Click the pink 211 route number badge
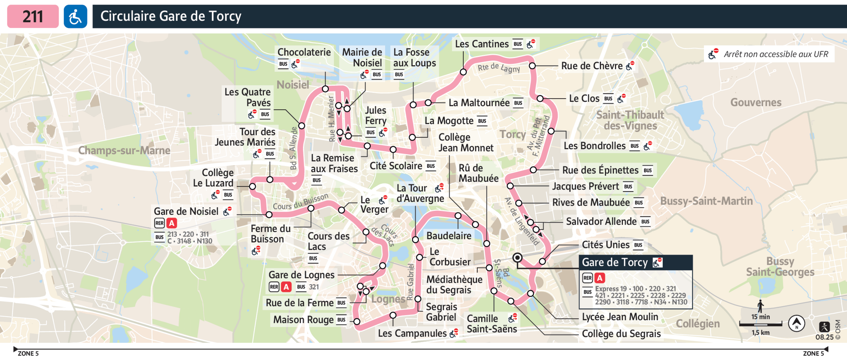[x=33, y=16]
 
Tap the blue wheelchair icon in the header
[x=75, y=16]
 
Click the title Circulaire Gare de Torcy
[x=171, y=16]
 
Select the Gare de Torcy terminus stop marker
[x=517, y=258]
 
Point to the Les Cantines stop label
[x=482, y=44]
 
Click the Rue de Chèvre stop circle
[x=532, y=66]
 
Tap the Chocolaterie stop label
[x=304, y=52]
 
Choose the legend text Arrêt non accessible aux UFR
[x=776, y=54]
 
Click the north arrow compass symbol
[x=796, y=323]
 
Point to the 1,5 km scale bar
[x=760, y=324]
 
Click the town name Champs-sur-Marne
[x=124, y=150]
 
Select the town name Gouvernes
[x=756, y=102]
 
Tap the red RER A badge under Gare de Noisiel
[x=172, y=223]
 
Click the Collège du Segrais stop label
[x=621, y=334]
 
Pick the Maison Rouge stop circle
[x=357, y=321]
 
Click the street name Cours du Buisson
[x=301, y=202]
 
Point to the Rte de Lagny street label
[x=499, y=68]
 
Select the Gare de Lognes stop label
[x=301, y=275]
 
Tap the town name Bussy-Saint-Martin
[x=706, y=201]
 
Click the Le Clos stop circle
[x=540, y=98]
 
